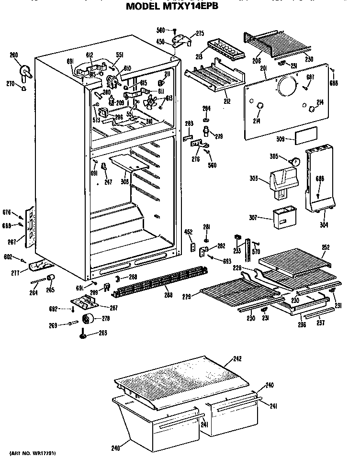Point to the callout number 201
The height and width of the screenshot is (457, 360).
coord(263,69)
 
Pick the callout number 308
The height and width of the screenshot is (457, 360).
coord(124,182)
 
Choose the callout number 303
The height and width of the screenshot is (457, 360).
coord(254,179)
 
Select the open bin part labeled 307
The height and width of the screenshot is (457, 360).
coord(285,218)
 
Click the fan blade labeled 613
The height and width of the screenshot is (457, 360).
coord(152,102)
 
